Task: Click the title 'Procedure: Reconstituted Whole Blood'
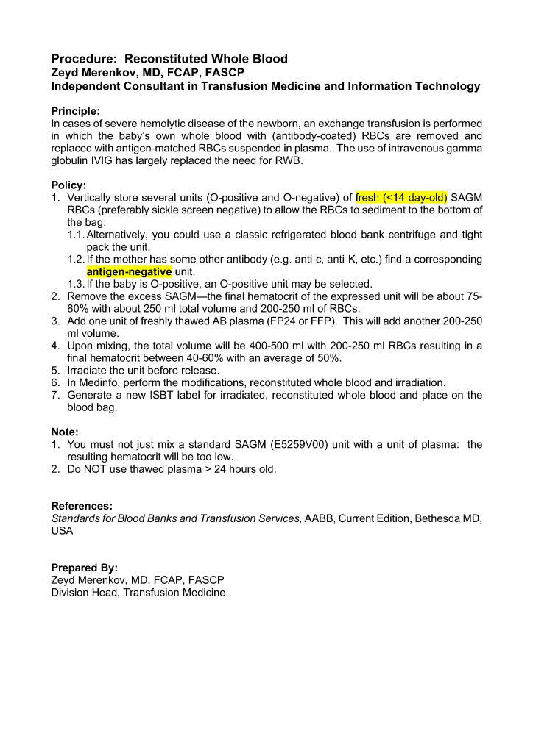point(169,59)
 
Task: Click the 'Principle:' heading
point(76,111)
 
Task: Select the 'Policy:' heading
point(68,185)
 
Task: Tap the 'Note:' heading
point(65,432)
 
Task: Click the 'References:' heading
point(82,506)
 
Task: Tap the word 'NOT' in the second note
point(98,469)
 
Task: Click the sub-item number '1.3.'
point(76,284)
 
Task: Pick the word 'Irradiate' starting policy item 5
point(89,370)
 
